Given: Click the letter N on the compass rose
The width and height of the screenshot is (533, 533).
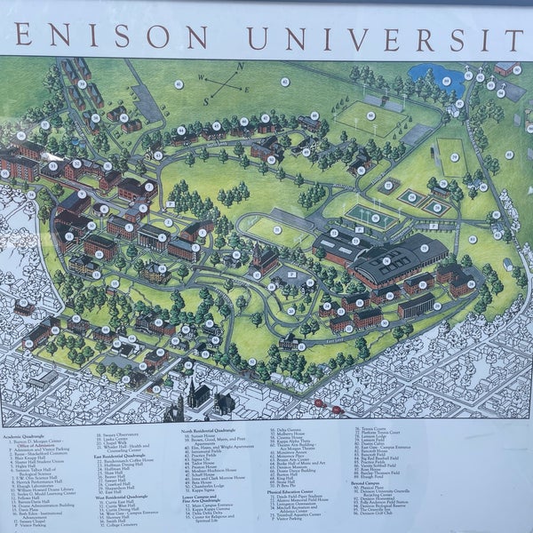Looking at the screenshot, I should [238, 67].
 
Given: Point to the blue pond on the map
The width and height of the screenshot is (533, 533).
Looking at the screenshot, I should [426, 77].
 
